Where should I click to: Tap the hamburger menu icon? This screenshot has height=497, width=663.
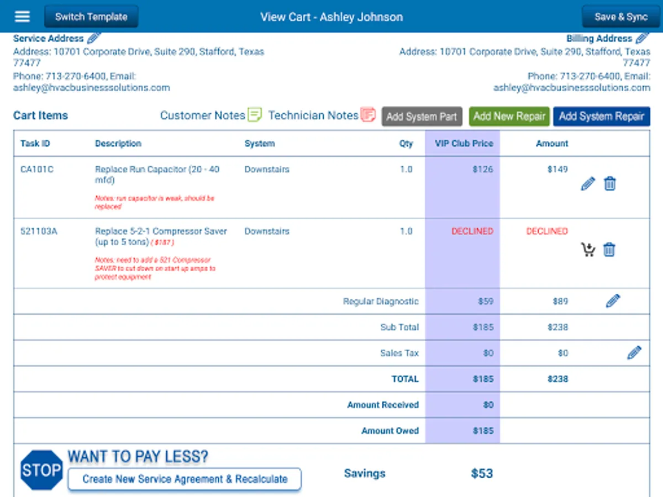(22, 17)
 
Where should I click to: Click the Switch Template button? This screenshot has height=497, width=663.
(91, 17)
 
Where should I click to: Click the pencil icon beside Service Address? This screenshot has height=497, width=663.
(94, 38)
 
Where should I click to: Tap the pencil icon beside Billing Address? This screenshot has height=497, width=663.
(642, 38)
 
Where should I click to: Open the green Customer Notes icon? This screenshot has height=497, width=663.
(255, 115)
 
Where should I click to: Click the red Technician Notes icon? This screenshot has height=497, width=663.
(368, 115)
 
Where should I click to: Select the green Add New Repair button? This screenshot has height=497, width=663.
(509, 117)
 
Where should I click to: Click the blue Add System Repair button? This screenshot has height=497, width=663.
(601, 117)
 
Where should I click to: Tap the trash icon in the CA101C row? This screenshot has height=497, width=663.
(609, 184)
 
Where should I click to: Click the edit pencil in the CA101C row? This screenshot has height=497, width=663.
(588, 184)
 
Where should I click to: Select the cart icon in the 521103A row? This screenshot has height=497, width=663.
(588, 250)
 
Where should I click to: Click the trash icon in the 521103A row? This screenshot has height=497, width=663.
(609, 250)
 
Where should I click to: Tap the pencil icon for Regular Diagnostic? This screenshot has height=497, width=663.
(613, 301)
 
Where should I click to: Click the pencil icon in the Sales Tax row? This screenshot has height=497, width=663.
(634, 353)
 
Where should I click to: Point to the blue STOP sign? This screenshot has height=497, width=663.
(41, 470)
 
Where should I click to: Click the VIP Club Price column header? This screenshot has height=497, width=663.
(464, 144)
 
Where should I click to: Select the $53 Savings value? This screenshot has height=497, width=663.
(482, 473)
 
